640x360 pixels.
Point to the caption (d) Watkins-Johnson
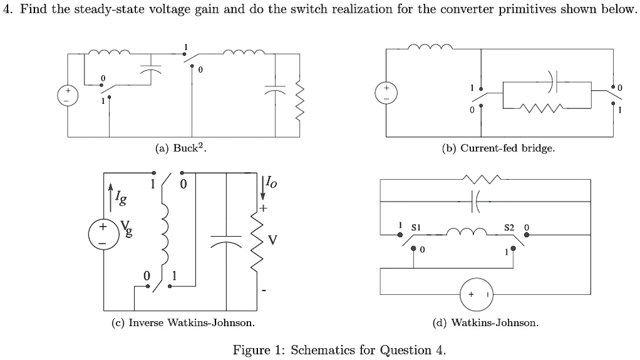[x=485, y=323]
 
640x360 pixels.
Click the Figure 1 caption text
[x=339, y=349]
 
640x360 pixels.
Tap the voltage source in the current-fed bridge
[x=386, y=93]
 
